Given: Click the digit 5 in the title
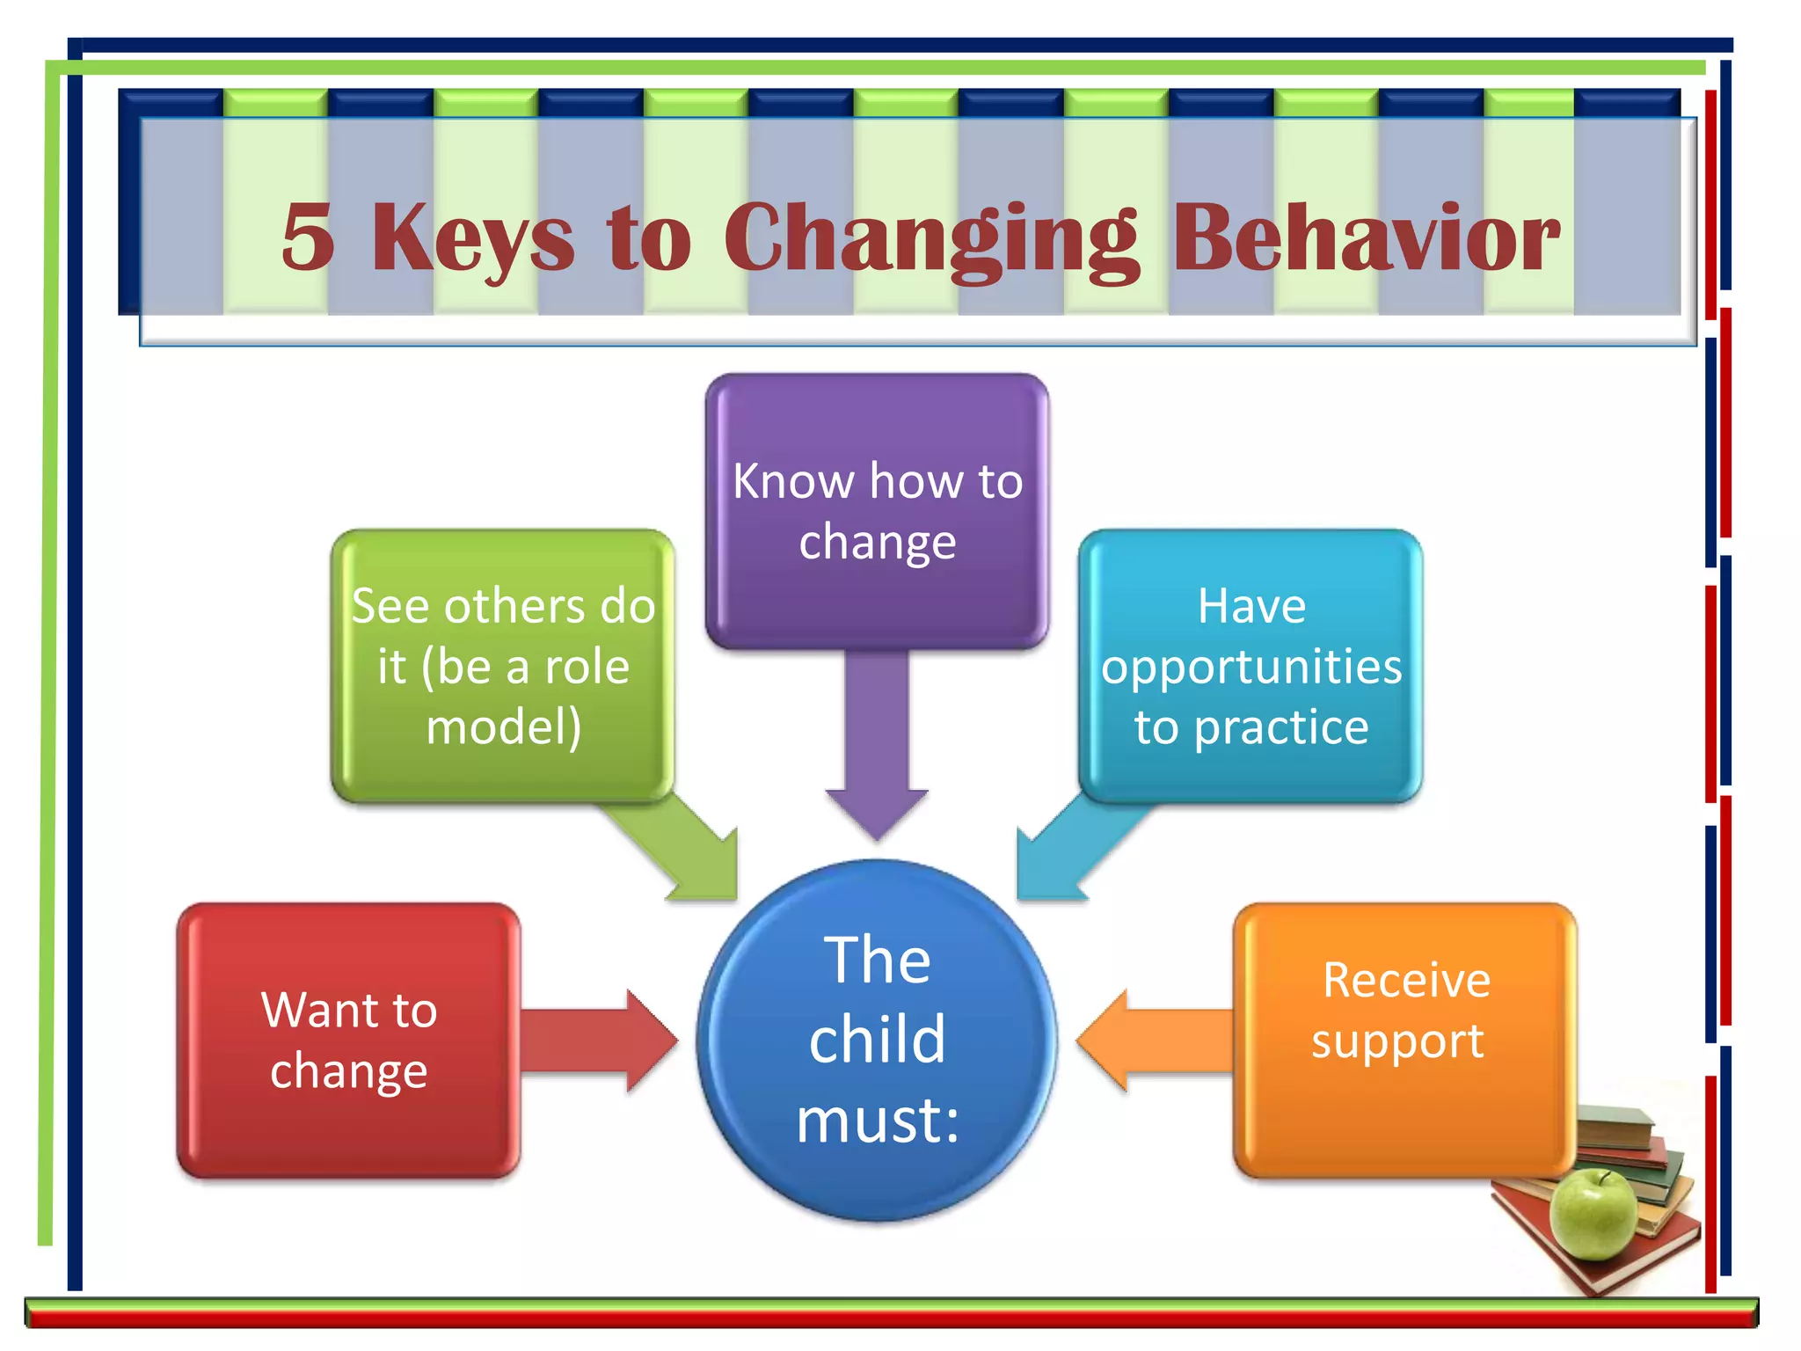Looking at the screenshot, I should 308,237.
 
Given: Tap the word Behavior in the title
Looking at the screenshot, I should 1366,237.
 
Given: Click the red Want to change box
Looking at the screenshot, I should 348,1041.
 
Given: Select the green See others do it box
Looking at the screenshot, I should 502,666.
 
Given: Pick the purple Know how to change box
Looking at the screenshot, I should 877,510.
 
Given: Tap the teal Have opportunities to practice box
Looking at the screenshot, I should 1250,666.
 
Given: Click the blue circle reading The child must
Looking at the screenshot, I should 877,1041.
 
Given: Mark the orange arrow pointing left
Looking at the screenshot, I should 1152,1041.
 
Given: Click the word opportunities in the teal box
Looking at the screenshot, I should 1251,668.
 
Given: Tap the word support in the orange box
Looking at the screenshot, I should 1397,1042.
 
